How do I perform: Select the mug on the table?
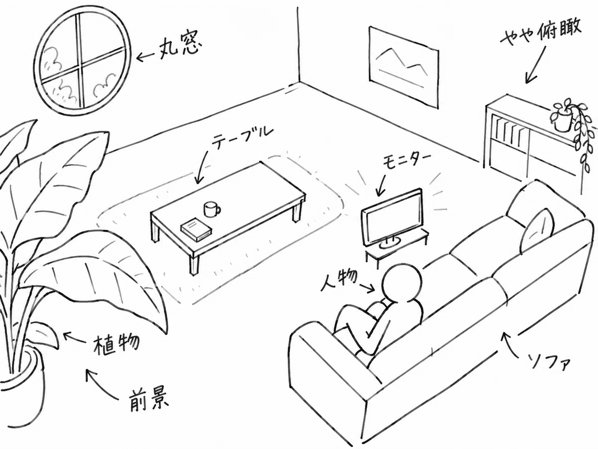(212, 209)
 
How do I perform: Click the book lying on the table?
(196, 230)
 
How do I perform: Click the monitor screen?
(392, 218)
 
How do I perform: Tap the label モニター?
(407, 162)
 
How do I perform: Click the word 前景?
(148, 401)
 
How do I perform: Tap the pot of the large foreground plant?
(22, 393)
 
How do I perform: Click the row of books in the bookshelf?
(508, 134)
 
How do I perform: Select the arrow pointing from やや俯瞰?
(535, 65)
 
